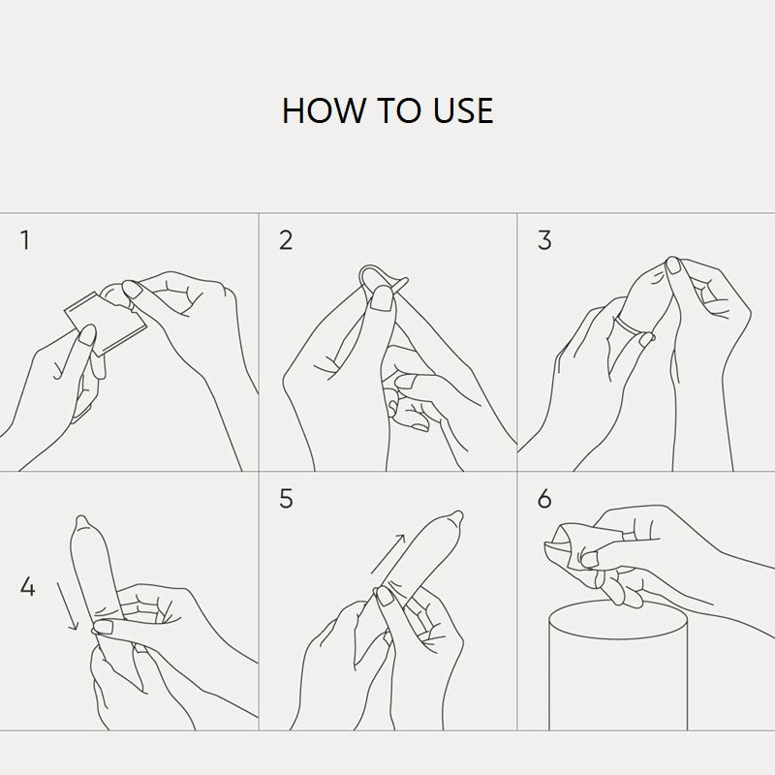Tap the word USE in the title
pos(463,110)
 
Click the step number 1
pos(25,240)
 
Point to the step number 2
pos(286,240)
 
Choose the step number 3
pos(544,240)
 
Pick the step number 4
pos(28,587)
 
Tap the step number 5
pos(286,499)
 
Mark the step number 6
pos(544,499)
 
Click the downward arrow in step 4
pos(67,606)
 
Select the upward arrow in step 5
pos(388,553)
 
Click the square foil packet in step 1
pos(106,324)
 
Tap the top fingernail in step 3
pos(672,265)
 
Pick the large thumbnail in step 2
pos(381,298)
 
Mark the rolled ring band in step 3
pos(628,325)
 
